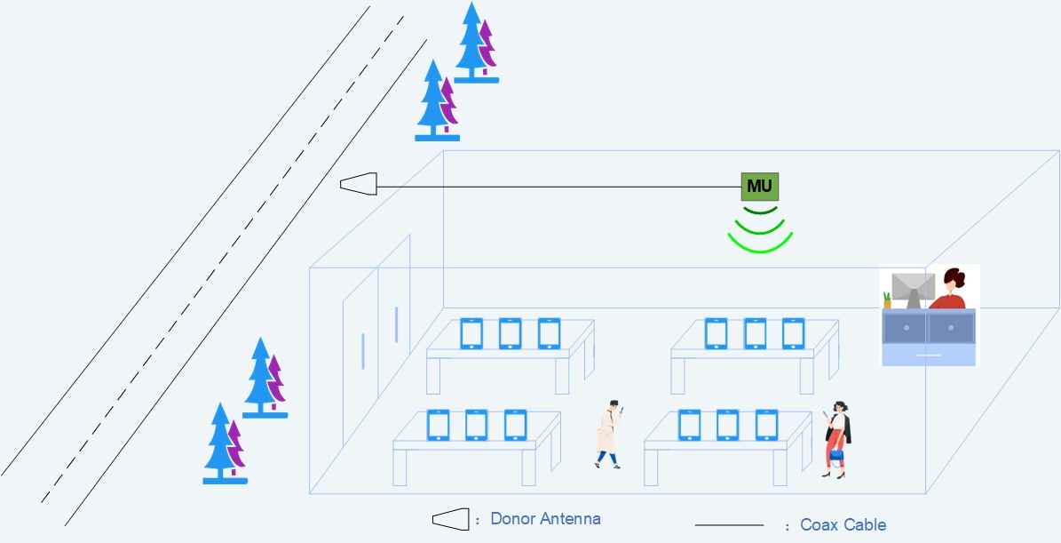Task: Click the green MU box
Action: (759, 187)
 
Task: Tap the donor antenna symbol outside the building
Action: (359, 184)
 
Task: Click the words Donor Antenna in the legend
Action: (545, 519)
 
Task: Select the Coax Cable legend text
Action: (843, 524)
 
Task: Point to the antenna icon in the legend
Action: (449, 519)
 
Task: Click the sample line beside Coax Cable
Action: (729, 525)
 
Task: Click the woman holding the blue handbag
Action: (836, 439)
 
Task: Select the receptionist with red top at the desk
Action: (951, 290)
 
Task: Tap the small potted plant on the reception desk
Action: (886, 300)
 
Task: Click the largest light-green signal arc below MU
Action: (759, 242)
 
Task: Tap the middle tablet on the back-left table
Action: (510, 333)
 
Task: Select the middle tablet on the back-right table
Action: (755, 333)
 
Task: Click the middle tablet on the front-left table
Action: (477, 425)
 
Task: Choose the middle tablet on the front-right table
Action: (727, 425)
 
